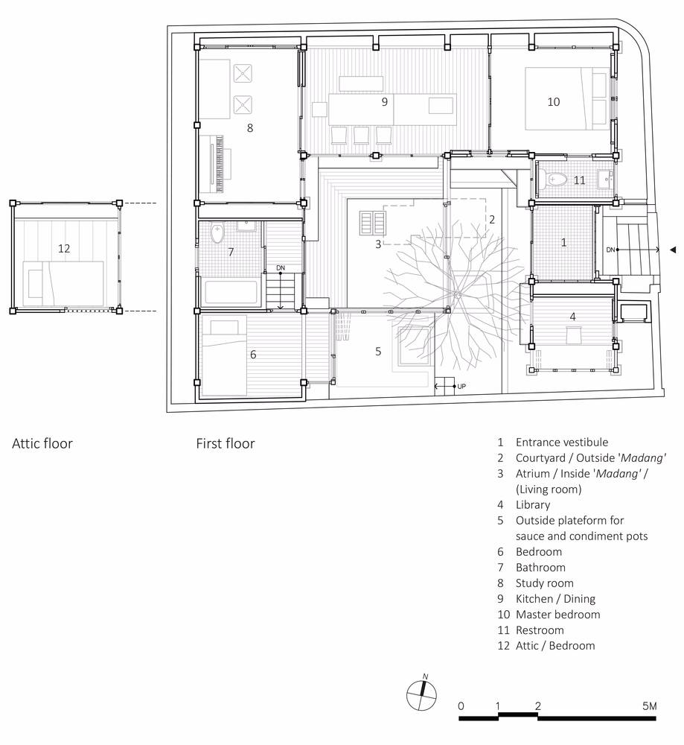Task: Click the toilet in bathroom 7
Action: (x=217, y=233)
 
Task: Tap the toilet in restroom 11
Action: (x=556, y=180)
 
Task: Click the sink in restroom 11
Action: (x=604, y=180)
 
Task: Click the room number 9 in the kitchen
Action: (x=385, y=101)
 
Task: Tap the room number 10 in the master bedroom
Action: (x=554, y=101)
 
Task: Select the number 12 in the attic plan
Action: (x=64, y=248)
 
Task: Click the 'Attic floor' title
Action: (x=42, y=443)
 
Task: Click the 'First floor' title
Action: (x=226, y=443)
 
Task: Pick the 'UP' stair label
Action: (x=461, y=386)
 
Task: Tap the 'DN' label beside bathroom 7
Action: (x=281, y=268)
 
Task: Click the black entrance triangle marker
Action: (x=673, y=250)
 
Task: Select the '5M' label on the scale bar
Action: (x=649, y=706)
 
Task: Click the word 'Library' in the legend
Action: (x=533, y=504)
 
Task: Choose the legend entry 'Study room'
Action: (x=545, y=583)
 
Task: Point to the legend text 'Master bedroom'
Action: (x=557, y=615)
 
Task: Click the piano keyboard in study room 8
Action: (x=219, y=164)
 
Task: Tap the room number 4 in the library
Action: (x=573, y=317)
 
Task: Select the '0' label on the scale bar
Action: (x=461, y=706)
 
